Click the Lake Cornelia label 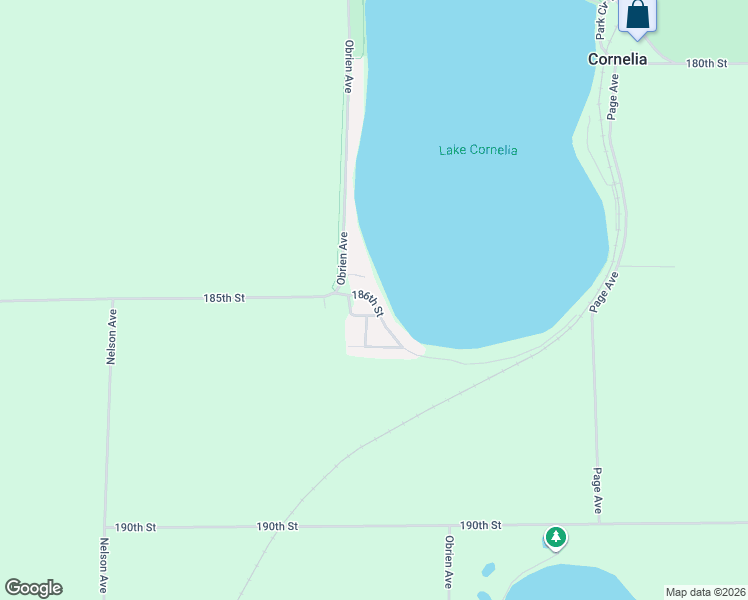478,150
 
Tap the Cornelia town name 617,59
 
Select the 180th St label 706,63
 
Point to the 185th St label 224,298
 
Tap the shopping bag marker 638,16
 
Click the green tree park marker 555,537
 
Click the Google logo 33,588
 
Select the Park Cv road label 601,20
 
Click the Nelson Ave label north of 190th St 112,335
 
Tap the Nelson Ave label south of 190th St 103,568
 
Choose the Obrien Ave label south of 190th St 449,562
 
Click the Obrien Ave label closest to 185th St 342,257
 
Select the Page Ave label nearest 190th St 597,491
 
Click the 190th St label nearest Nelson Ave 135,527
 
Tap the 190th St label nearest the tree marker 480,525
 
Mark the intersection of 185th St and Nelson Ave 112,299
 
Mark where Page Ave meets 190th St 599,523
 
